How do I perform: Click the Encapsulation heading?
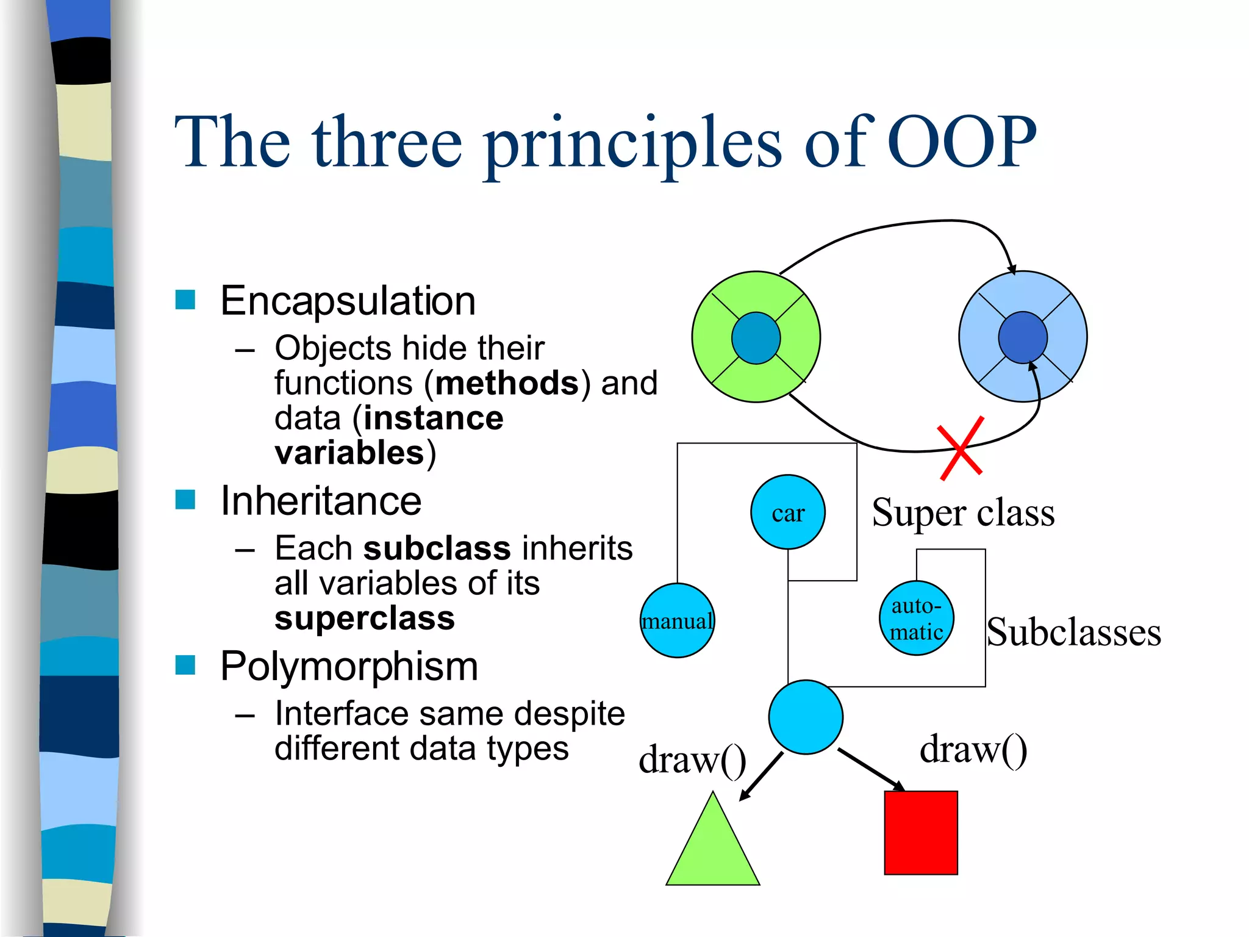348,301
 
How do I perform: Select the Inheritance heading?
321,501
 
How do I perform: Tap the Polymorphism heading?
349,666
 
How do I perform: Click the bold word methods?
507,383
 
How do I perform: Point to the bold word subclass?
437,548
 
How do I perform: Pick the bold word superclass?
365,618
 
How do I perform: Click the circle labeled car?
787,512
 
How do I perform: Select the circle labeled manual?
677,620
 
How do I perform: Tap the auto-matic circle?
916,618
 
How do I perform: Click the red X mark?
961,448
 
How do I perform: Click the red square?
921,833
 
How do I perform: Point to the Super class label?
963,512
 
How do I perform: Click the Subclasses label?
1074,632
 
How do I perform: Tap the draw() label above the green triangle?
692,760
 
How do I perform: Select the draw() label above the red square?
973,750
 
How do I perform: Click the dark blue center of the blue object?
1023,337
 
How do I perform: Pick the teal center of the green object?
756,338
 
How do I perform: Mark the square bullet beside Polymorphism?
185,665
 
